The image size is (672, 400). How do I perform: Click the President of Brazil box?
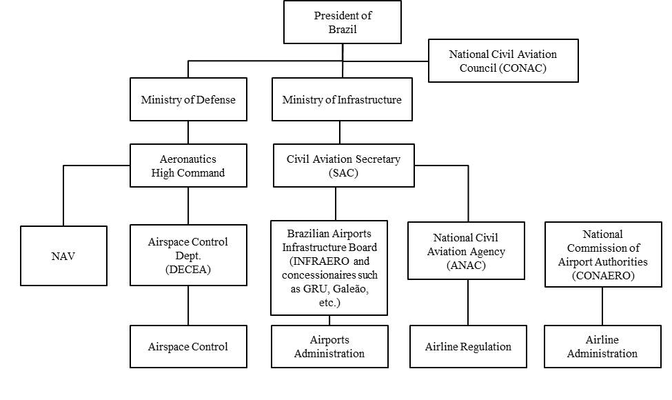pyautogui.click(x=343, y=23)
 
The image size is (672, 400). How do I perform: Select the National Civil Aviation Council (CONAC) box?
pyautogui.click(x=502, y=61)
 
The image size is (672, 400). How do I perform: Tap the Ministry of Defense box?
pyautogui.click(x=188, y=100)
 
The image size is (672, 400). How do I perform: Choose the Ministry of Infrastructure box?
pyautogui.click(x=341, y=100)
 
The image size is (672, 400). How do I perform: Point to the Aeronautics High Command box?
pyautogui.click(x=188, y=166)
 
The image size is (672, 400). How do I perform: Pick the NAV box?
pyautogui.click(x=63, y=256)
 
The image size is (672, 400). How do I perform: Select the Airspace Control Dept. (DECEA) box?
pyautogui.click(x=188, y=255)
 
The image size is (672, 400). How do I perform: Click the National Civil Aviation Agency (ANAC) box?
pyautogui.click(x=466, y=250)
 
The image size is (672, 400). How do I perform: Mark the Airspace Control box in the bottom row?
pyautogui.click(x=188, y=346)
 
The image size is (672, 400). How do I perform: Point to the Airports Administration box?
pyautogui.click(x=329, y=346)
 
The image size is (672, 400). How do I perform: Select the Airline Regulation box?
pyautogui.click(x=468, y=346)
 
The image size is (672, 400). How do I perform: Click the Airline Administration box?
pyautogui.click(x=602, y=346)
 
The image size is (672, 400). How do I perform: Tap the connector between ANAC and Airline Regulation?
pyautogui.click(x=468, y=302)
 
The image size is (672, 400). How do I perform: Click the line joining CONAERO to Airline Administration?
pyautogui.click(x=603, y=306)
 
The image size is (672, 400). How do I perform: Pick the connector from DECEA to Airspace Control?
pyautogui.click(x=188, y=306)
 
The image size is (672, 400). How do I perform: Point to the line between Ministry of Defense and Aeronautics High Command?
pyautogui.click(x=188, y=133)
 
